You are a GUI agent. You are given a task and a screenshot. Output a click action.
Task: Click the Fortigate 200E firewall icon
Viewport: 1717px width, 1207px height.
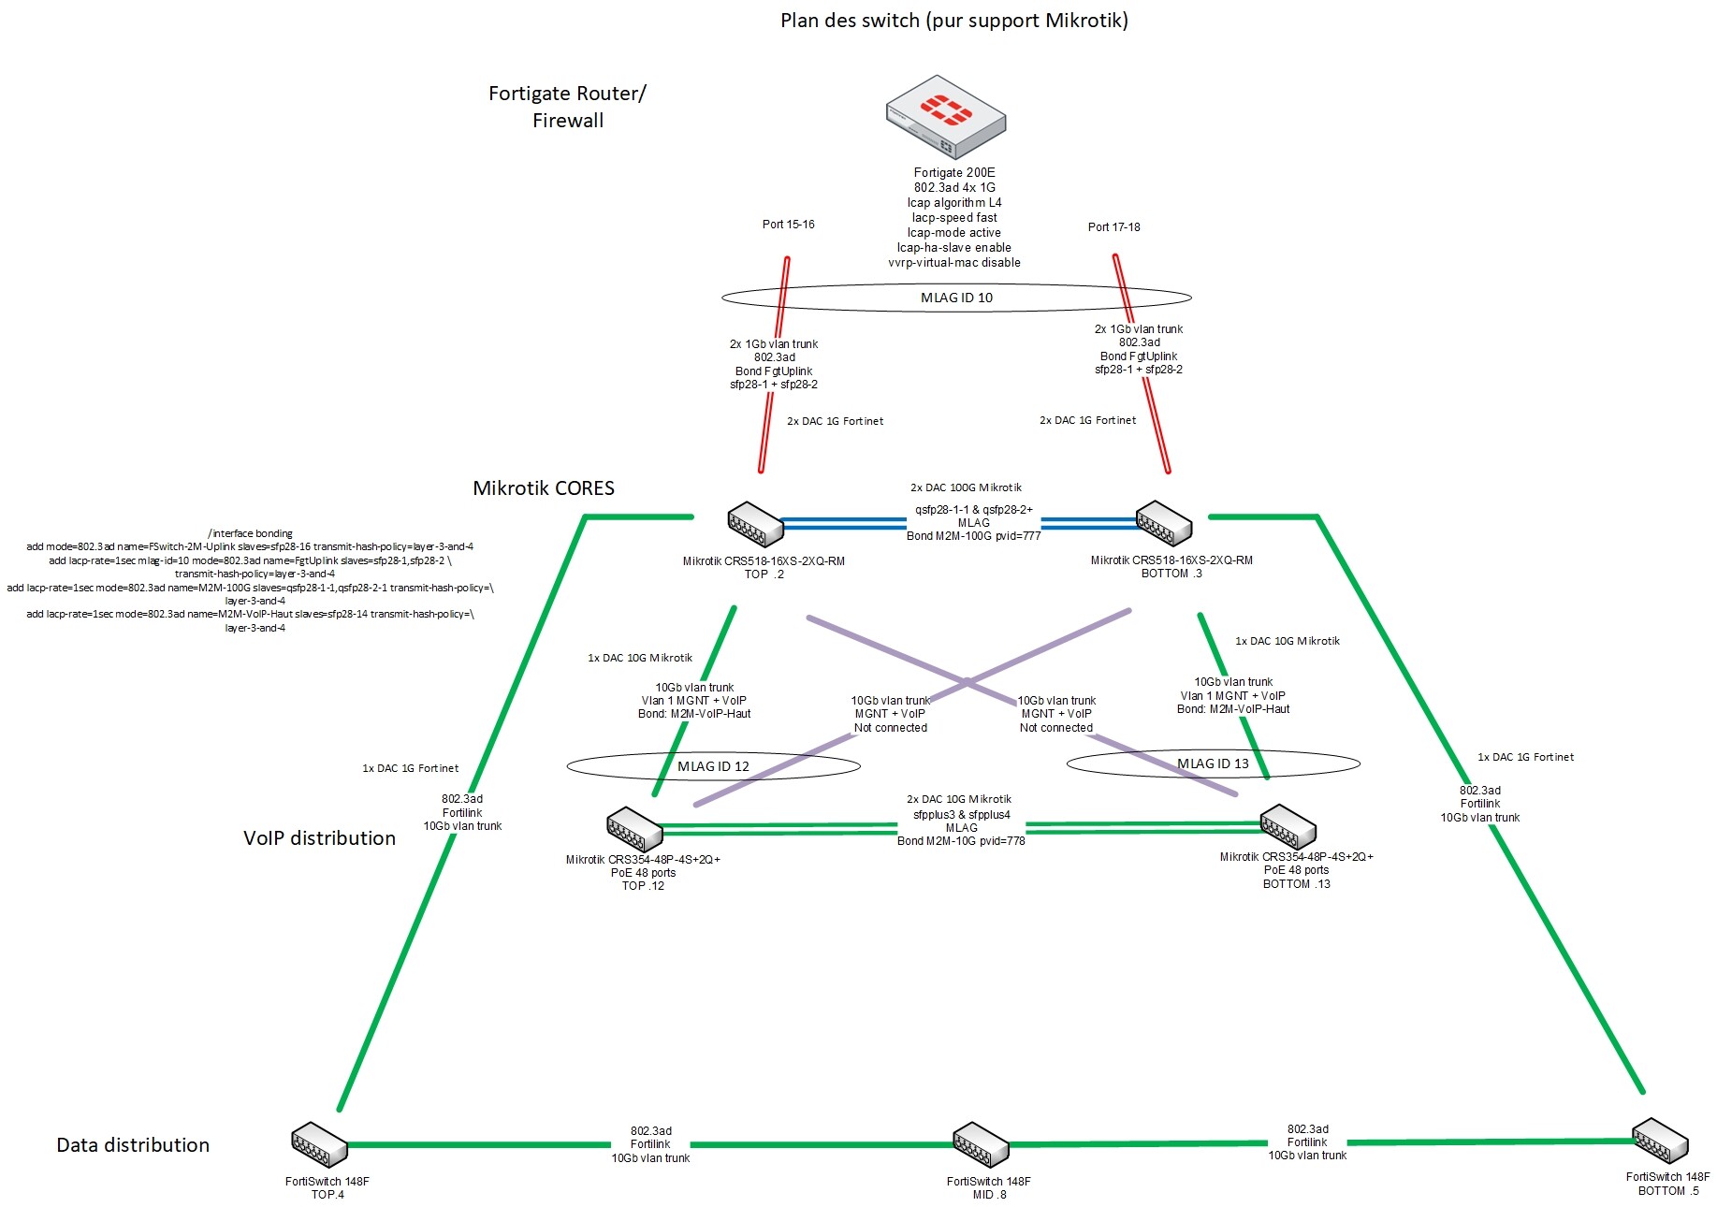[x=946, y=116]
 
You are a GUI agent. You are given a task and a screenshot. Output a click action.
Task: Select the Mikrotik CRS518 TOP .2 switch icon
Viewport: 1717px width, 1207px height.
[x=755, y=524]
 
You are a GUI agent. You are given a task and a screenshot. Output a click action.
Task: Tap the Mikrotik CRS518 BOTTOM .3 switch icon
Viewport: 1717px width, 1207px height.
[x=1163, y=523]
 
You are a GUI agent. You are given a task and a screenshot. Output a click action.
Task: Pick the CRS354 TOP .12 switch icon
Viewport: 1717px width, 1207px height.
[x=633, y=829]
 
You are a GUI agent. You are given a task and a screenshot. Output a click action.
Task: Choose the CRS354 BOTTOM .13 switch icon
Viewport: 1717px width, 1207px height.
[x=1288, y=826]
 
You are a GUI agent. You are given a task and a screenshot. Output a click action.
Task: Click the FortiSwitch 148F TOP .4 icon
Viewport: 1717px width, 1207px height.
[x=319, y=1144]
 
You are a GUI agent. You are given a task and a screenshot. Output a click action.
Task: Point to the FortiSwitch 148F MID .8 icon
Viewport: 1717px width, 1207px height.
[x=981, y=1143]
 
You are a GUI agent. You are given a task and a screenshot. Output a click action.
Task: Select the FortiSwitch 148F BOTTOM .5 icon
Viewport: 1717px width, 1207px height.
[x=1660, y=1140]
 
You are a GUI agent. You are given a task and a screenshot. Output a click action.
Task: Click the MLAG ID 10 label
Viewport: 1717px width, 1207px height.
[x=956, y=298]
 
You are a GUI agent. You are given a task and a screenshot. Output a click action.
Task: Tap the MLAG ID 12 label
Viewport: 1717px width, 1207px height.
[x=713, y=766]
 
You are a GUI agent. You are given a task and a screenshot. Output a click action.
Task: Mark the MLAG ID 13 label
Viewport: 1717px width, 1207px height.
[x=1213, y=763]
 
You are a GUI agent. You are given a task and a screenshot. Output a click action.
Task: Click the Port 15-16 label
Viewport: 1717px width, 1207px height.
[x=788, y=225]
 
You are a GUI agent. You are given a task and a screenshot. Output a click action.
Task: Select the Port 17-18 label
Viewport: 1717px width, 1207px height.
[x=1113, y=227]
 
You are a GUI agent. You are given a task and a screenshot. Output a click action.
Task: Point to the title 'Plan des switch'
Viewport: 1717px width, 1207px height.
[x=953, y=21]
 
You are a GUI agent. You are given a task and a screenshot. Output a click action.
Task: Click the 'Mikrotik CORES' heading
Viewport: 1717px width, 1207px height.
[x=544, y=488]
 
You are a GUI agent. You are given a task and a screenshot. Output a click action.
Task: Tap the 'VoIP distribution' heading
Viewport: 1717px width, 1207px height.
[x=319, y=838]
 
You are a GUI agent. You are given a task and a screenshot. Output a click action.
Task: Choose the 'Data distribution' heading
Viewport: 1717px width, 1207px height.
[x=133, y=1145]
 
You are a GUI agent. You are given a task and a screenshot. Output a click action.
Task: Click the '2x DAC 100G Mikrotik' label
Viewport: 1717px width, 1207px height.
[x=966, y=487]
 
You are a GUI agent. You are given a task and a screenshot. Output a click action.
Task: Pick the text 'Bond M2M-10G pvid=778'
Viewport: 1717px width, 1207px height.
[x=961, y=841]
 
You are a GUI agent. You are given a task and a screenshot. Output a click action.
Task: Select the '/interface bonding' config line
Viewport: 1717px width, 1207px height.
[x=250, y=533]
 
